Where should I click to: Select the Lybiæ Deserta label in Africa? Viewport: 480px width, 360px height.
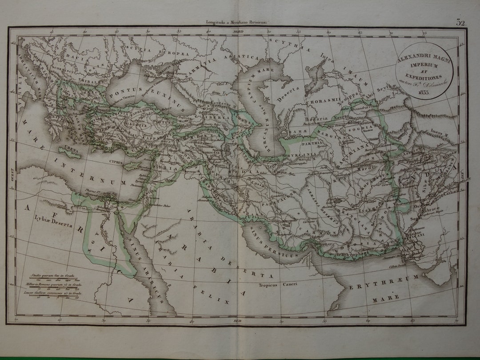[x=54, y=224]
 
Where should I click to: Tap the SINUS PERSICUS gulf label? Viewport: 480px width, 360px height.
[x=276, y=249]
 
